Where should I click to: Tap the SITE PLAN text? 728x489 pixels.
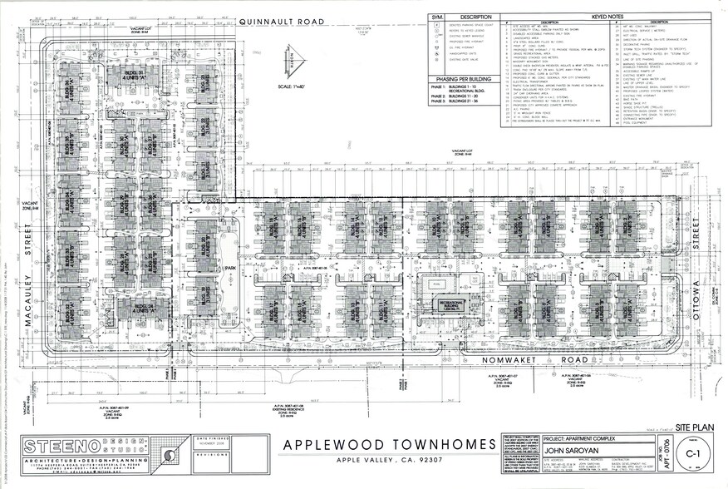691,423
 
